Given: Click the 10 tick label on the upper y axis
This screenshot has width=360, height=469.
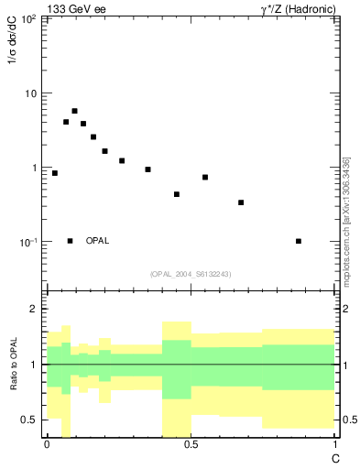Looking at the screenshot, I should pos(30,93).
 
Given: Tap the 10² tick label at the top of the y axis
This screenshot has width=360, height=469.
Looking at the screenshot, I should pos(27,18).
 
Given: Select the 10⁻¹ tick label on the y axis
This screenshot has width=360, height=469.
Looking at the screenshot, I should pos(27,242).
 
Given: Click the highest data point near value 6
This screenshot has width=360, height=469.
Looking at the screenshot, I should pos(74,111).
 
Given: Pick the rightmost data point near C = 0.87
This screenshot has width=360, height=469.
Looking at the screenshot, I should pos(299,241).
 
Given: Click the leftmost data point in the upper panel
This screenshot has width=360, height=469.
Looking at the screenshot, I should pos(55,173).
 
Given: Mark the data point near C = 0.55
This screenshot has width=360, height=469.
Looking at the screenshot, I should pos(205,177).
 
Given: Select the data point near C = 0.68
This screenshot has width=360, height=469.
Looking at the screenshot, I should pos(241,202).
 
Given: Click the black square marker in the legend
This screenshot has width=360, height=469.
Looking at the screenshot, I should pos(71,241).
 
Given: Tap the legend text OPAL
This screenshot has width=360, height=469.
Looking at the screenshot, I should pos(97,241).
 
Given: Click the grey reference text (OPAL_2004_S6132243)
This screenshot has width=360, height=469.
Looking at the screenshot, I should pos(190,274).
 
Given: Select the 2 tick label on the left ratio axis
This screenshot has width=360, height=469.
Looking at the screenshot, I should pos(32,309).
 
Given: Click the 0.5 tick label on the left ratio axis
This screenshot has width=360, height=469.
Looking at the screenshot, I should pos(28,420).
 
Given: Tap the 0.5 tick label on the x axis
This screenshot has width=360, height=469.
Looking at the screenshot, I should pos(191,444).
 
